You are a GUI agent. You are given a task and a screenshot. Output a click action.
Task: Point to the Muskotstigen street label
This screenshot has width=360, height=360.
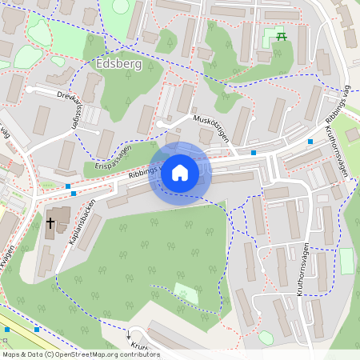211,127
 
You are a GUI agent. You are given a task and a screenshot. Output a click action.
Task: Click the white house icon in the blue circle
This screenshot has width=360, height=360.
180,172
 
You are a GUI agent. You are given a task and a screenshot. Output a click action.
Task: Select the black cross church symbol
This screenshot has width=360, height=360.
50,223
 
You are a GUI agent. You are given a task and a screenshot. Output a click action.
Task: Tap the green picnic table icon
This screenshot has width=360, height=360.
281,36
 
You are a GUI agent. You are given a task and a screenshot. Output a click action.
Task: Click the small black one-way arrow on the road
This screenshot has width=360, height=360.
127,336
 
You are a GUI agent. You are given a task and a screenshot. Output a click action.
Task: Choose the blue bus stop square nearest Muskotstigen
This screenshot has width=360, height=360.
254,152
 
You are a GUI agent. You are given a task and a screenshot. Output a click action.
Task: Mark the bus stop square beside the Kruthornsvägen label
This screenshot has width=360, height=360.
310,142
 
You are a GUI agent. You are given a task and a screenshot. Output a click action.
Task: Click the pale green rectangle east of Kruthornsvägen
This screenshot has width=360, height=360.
346,261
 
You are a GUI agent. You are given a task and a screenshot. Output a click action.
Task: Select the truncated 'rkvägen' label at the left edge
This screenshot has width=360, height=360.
8,260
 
